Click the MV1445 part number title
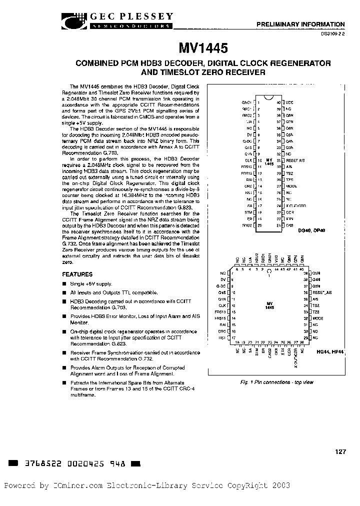[203, 48]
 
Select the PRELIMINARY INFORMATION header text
[300, 24]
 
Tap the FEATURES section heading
[77, 274]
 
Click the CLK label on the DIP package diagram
[248, 160]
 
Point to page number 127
[340, 451]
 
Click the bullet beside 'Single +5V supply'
[64, 283]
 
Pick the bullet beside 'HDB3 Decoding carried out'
[64, 302]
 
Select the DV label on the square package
[223, 279]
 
